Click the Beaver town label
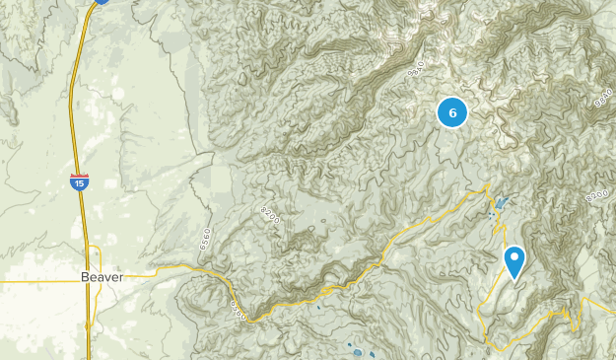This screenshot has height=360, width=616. click(103, 278)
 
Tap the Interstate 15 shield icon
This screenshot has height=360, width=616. click(79, 181)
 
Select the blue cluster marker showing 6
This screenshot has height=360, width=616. click(452, 113)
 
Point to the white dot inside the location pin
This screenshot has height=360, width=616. click(514, 257)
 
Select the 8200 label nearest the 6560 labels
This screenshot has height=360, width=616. click(270, 216)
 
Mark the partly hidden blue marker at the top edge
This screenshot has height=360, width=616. click(102, 2)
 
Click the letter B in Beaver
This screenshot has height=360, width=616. click(85, 278)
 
